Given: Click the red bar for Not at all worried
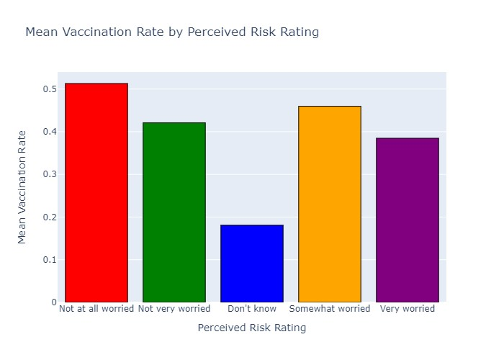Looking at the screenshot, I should coord(96,193).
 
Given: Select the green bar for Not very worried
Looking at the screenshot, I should coord(174,212).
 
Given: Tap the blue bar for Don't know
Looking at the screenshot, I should coord(252,264).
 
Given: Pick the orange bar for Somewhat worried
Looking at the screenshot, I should coord(330,204).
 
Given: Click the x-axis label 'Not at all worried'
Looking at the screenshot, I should coord(96,309).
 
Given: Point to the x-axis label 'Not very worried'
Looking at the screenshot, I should coord(174,309).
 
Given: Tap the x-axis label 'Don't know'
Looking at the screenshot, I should coord(252,309).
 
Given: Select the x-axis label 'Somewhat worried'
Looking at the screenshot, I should coord(330,309).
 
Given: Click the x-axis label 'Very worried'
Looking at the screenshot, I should coord(408,309).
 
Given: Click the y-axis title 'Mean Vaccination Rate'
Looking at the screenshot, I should coord(22,187).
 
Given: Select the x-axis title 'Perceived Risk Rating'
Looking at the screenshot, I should coord(252,328).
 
